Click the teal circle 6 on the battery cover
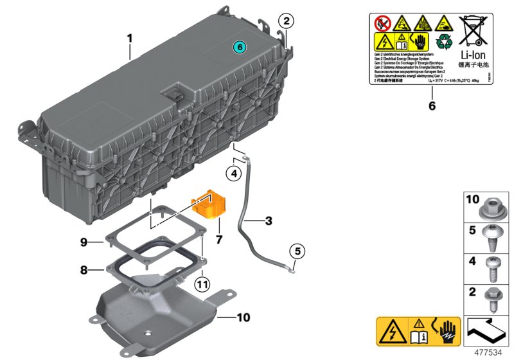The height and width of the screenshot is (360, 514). click(239, 47)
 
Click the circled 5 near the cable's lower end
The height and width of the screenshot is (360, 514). click(297, 251)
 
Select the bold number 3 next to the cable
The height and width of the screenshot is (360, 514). click(269, 221)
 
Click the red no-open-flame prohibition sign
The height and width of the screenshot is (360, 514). click(384, 24)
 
